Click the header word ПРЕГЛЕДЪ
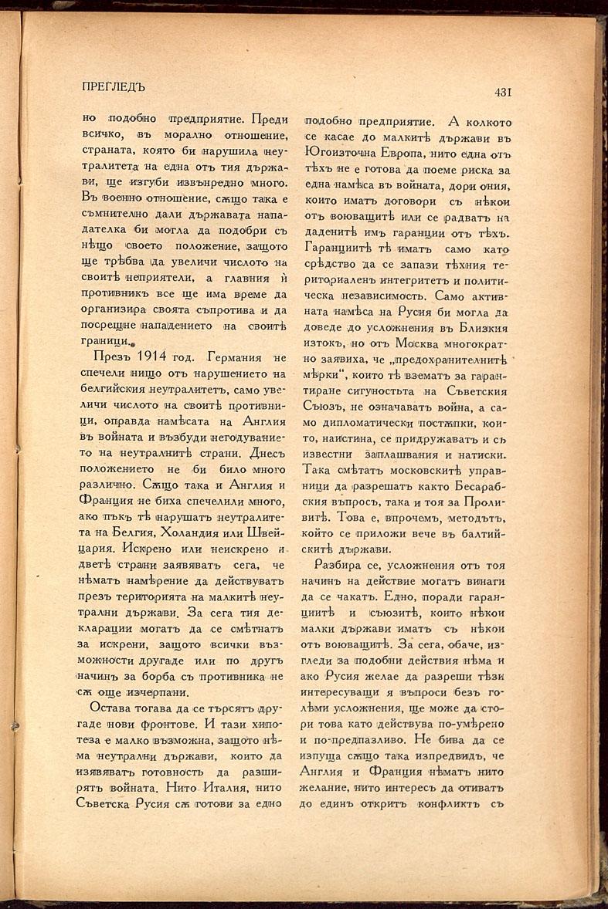pyautogui.click(x=114, y=86)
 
